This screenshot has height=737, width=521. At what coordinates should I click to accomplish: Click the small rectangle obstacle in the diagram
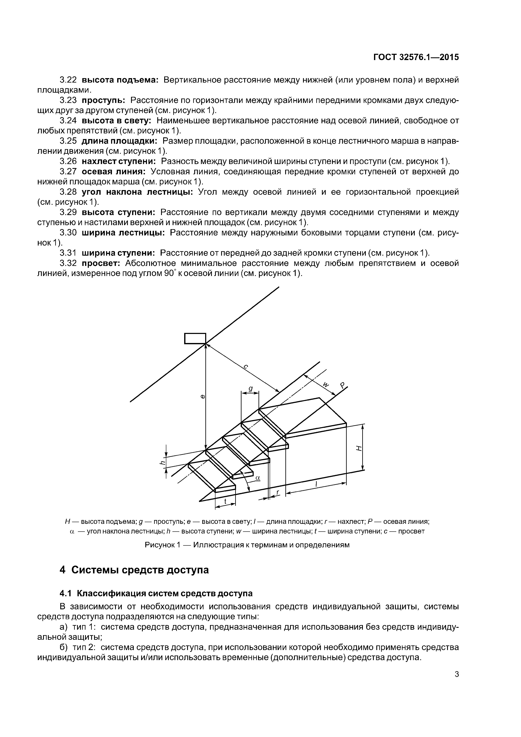click(195, 338)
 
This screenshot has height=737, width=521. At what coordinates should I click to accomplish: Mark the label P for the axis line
click(343, 386)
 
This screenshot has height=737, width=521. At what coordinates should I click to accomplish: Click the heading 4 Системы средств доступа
click(134, 570)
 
